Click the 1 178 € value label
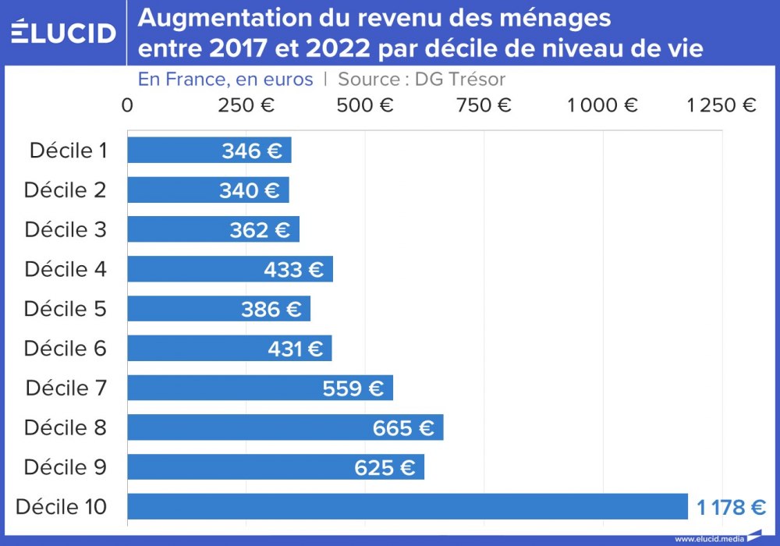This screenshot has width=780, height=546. (x=731, y=508)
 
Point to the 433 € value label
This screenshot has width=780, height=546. (x=293, y=270)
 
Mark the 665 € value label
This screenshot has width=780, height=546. (x=403, y=427)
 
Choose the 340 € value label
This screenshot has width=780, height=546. (x=250, y=190)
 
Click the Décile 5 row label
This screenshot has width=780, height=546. (x=66, y=309)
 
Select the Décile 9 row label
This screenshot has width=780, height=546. (x=66, y=467)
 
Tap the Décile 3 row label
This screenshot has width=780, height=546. (x=66, y=230)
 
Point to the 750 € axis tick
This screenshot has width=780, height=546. (x=484, y=105)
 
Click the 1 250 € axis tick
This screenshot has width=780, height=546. (x=721, y=105)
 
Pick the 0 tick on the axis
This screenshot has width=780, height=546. (x=127, y=105)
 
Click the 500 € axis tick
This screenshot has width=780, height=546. (x=365, y=105)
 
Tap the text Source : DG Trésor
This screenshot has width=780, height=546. (x=422, y=80)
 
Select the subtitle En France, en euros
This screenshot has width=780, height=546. (x=225, y=80)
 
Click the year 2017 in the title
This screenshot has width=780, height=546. (x=236, y=49)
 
